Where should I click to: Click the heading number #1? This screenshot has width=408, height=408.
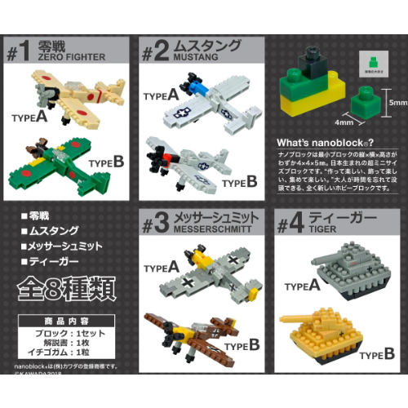22,51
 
